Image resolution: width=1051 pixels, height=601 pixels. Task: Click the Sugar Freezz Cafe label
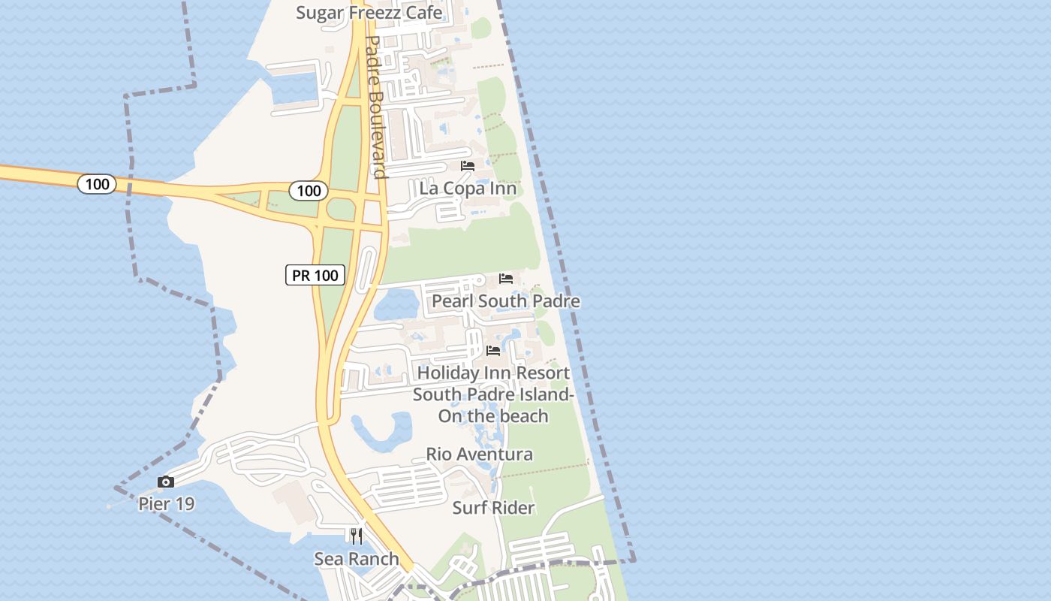[x=369, y=13]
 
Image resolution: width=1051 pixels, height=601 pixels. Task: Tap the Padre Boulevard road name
[x=375, y=107]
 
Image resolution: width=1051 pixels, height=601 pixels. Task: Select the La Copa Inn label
[x=468, y=188]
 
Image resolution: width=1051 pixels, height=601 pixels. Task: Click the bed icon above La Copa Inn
[x=468, y=166]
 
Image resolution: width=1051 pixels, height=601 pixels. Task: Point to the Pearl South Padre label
[x=505, y=301]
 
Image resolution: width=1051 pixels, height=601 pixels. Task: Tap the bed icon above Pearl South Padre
[x=506, y=279]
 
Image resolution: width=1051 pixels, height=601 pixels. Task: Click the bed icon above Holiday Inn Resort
[x=493, y=351]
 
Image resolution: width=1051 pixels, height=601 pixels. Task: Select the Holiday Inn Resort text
[x=493, y=373]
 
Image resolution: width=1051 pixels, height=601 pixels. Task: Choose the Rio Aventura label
[x=479, y=455]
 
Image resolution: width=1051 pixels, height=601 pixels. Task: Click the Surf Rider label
[x=493, y=508]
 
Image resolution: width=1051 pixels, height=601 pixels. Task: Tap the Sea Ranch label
[x=356, y=559]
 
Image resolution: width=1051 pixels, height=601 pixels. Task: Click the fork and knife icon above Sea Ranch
[x=356, y=536]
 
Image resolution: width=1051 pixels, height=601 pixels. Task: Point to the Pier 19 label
[x=166, y=504]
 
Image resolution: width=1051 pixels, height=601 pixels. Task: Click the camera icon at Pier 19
[x=166, y=482]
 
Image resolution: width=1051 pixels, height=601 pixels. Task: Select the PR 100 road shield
[x=315, y=275]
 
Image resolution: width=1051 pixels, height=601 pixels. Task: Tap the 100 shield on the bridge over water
[x=97, y=184]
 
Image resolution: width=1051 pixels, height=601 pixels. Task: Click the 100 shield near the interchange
[x=309, y=191]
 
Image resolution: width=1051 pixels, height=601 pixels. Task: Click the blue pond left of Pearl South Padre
[x=396, y=304]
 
